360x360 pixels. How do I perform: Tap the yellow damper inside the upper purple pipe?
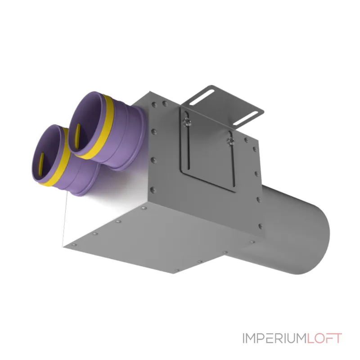coord(77,136)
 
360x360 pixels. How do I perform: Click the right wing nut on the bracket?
coord(230,141)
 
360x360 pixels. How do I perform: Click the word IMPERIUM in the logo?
coord(274,338)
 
